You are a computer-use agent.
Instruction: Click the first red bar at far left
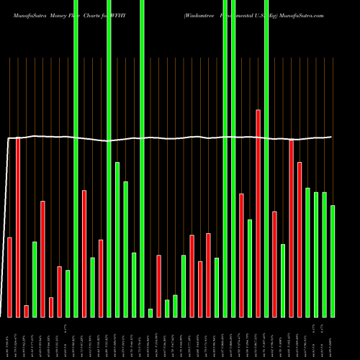click(9, 276)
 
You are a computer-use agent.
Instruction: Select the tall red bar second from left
click(18, 227)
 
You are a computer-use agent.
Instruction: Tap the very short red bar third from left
click(26, 311)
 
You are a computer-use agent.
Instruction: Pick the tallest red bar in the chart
click(258, 213)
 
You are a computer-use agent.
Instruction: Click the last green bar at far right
click(333, 261)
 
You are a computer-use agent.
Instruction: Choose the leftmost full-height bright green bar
click(76, 158)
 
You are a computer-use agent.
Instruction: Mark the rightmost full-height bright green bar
click(266, 158)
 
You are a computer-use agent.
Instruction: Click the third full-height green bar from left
click(142, 158)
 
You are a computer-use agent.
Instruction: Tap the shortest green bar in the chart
click(150, 312)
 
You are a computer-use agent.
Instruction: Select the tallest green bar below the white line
click(117, 239)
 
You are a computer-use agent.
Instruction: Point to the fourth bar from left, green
click(35, 279)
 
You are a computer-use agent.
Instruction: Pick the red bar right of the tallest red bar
click(274, 264)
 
